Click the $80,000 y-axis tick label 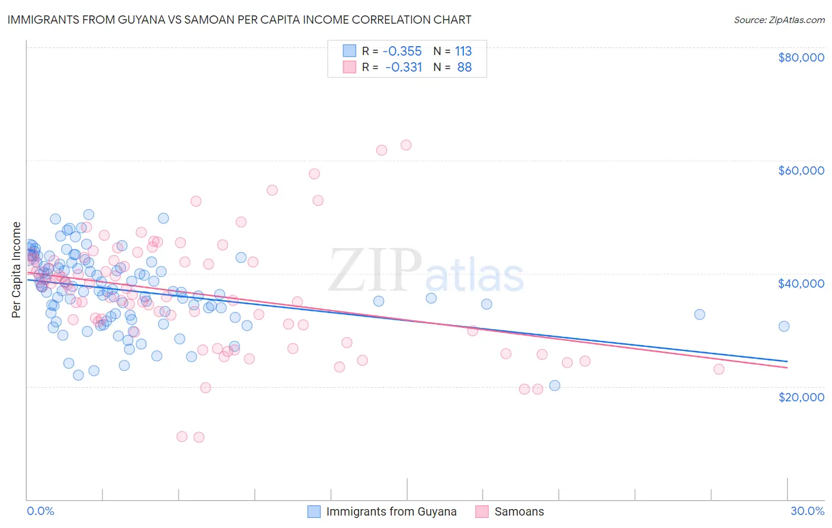pos(801,57)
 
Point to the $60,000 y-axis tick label pos(801,170)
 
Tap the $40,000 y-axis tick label pos(801,284)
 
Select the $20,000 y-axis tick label pos(801,397)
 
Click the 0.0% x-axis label pos(40,511)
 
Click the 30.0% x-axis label pos(807,511)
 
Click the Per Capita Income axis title pos(16,269)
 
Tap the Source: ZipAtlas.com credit pos(779,20)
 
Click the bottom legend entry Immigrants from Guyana pos(391,511)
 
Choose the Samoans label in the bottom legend pos(519,511)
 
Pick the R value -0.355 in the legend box pos(403,51)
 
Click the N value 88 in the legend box pos(465,67)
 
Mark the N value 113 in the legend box pos(463,51)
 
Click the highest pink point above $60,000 pos(406,145)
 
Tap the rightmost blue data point pos(784,326)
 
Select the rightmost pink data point pos(719,369)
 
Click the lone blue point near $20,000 pos(554,385)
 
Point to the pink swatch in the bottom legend pos(482,511)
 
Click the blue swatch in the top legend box pos(349,51)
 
